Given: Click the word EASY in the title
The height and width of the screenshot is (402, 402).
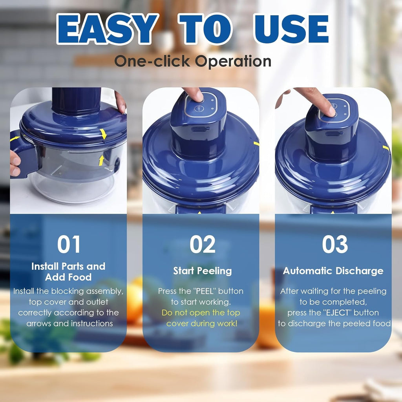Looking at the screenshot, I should pos(106,29).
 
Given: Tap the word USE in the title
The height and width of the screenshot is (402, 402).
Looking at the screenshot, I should pos(291,29).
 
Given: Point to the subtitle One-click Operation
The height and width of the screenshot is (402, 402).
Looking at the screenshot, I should pos(193,61).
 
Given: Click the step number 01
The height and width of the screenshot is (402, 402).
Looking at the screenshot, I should pos(69,245).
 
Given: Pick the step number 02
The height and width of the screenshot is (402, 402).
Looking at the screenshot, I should pos(203,245).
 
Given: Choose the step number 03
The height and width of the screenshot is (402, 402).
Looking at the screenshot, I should pos(335,245).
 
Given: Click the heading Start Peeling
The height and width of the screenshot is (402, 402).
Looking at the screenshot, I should pos(203,271).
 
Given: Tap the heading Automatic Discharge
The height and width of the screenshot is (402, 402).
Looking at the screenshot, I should pos(333,271).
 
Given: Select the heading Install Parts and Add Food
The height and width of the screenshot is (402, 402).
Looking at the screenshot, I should pos(68,272).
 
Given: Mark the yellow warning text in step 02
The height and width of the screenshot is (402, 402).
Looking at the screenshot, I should pos(201,318).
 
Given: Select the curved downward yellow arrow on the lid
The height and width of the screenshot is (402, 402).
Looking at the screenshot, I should pos(103,133).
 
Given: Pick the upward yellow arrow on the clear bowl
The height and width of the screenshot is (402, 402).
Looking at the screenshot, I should pos(101,160).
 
